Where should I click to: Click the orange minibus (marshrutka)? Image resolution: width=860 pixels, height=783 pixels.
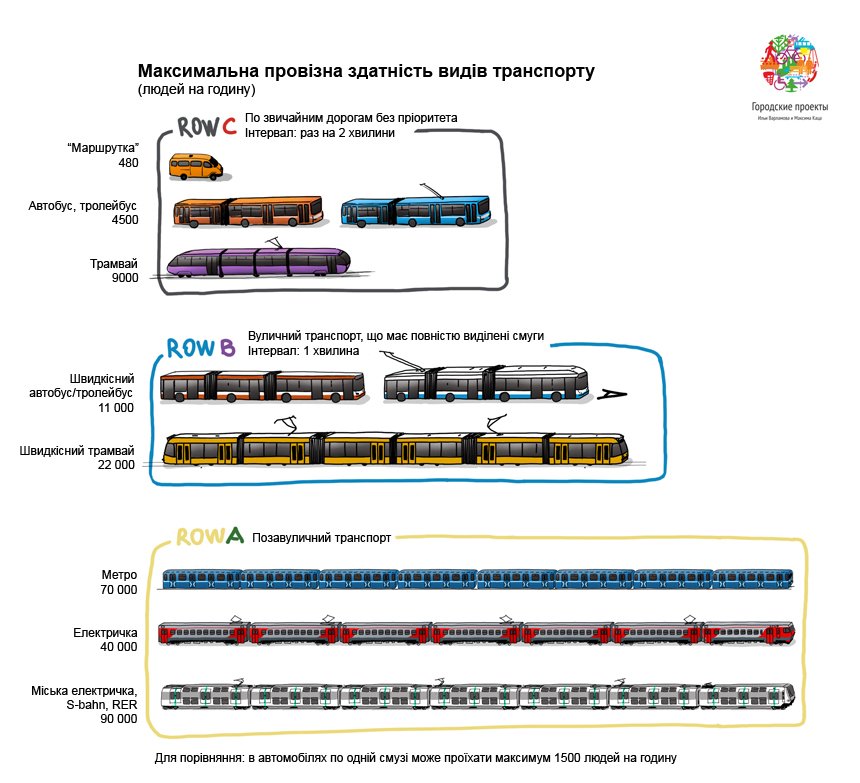click(195, 166)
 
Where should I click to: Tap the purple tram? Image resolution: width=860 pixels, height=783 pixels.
click(258, 263)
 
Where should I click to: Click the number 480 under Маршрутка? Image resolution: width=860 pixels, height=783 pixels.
click(128, 164)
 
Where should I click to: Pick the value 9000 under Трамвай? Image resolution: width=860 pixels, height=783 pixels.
click(125, 279)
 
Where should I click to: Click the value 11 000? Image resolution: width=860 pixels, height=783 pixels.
click(115, 408)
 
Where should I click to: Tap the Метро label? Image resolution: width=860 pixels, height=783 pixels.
click(119, 575)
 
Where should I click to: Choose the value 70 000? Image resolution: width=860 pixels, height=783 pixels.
click(118, 590)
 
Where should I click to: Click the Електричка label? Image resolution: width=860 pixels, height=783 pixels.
click(105, 633)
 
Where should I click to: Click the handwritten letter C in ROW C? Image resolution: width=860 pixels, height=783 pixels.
click(229, 126)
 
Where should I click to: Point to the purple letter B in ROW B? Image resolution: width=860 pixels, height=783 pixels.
click(227, 348)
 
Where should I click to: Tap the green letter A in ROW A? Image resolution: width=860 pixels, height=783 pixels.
click(235, 536)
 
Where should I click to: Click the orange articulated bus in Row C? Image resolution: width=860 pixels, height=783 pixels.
click(248, 211)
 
